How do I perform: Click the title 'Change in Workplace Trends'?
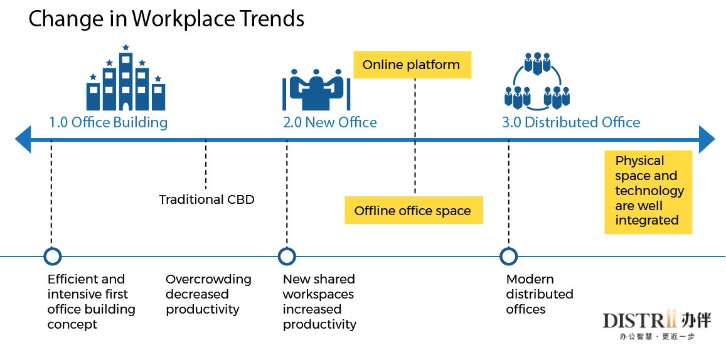tap(166, 19)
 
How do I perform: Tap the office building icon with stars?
tap(125, 78)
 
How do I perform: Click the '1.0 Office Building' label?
tap(109, 123)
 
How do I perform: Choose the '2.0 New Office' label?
tap(329, 123)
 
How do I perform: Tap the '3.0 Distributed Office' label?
tap(572, 123)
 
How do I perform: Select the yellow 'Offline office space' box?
tap(414, 211)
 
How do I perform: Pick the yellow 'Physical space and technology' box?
tap(648, 192)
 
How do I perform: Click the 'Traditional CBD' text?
tap(207, 200)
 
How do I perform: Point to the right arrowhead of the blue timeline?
tap(707, 139)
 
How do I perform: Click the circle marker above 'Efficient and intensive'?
tap(52, 256)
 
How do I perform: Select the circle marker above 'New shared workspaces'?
tap(287, 256)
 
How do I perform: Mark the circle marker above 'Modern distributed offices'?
tap(509, 256)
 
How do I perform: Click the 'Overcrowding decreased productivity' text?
tap(208, 294)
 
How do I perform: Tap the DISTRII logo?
tap(657, 326)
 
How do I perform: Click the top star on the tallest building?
tap(125, 47)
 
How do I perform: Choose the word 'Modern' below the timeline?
tap(530, 280)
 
